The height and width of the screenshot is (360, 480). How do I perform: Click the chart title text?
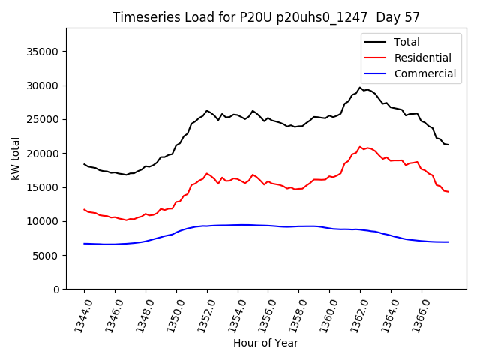(266, 17)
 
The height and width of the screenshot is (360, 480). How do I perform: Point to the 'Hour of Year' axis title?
(265, 343)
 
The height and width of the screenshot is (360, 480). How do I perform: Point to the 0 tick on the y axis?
(56, 289)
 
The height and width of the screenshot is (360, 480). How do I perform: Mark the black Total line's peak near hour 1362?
(360, 88)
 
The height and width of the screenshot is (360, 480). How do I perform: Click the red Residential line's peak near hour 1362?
(360, 147)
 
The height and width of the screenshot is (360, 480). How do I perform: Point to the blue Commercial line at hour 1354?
(238, 225)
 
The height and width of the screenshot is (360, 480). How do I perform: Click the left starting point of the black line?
(84, 164)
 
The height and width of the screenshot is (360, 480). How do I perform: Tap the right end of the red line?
(448, 192)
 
